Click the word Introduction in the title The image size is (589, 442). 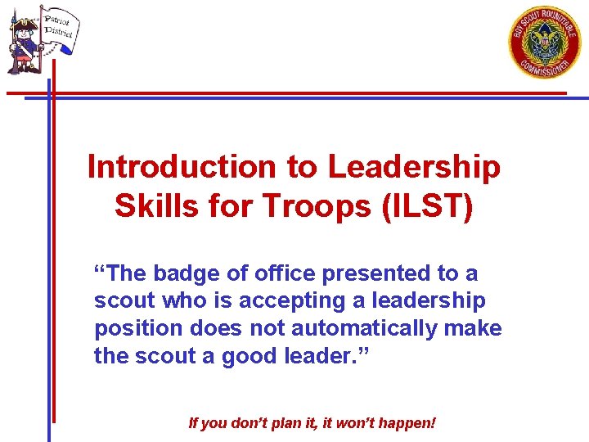pos(182,166)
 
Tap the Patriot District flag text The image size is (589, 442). pos(58,25)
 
